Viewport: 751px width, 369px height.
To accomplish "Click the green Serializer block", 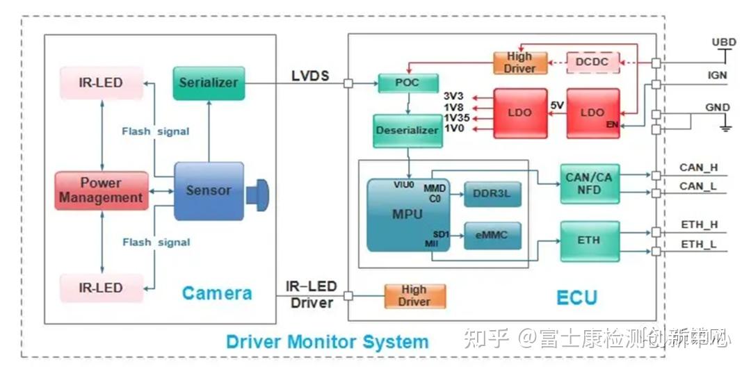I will click(209, 83).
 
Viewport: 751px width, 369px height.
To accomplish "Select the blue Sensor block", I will click(209, 190).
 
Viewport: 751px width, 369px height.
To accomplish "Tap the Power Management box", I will click(102, 190).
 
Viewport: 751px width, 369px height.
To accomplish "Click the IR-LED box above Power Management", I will click(102, 83).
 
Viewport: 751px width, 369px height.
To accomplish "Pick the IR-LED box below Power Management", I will click(102, 288).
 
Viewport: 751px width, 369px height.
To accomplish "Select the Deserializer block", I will click(407, 131).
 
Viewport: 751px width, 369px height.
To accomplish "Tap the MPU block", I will click(407, 215).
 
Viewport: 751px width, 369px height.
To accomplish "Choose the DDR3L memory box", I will click(492, 195).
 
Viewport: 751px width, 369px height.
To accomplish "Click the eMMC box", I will click(492, 236).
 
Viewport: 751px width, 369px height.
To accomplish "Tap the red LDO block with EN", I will click(592, 113).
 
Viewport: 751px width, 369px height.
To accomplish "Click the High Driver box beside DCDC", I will click(519, 63).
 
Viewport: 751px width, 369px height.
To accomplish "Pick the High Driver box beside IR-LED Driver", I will click(414, 296).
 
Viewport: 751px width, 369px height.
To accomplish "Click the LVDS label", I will click(311, 76).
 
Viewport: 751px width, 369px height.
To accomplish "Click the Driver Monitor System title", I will click(327, 342).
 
